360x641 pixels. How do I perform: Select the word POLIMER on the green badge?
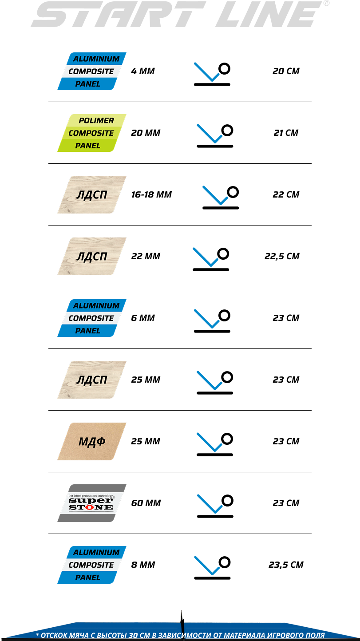[x=96, y=120]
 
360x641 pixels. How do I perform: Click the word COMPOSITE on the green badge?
[x=91, y=133]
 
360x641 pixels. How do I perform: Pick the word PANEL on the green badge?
[x=87, y=146]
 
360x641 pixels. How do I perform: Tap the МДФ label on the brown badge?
[x=92, y=442]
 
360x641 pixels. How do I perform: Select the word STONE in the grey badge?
[x=91, y=507]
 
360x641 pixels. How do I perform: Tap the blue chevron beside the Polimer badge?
[x=210, y=134]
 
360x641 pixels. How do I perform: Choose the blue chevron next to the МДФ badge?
[x=210, y=442]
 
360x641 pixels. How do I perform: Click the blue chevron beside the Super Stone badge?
[x=210, y=504]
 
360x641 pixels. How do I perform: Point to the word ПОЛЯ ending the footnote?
[x=315, y=635]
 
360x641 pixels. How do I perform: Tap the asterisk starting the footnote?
[x=37, y=635]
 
